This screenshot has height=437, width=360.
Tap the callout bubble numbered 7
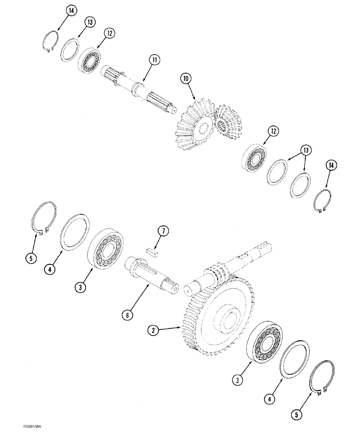tap(163, 231)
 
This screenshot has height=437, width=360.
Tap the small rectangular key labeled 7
tap(152, 251)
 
